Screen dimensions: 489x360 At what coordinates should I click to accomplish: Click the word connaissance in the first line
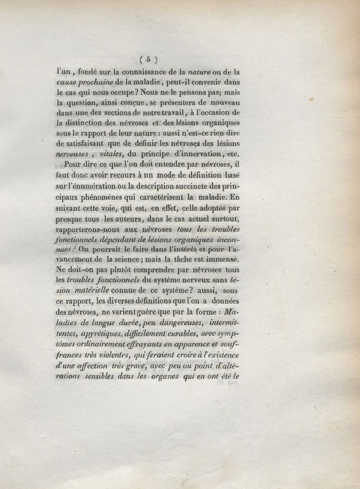click(x=132, y=71)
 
